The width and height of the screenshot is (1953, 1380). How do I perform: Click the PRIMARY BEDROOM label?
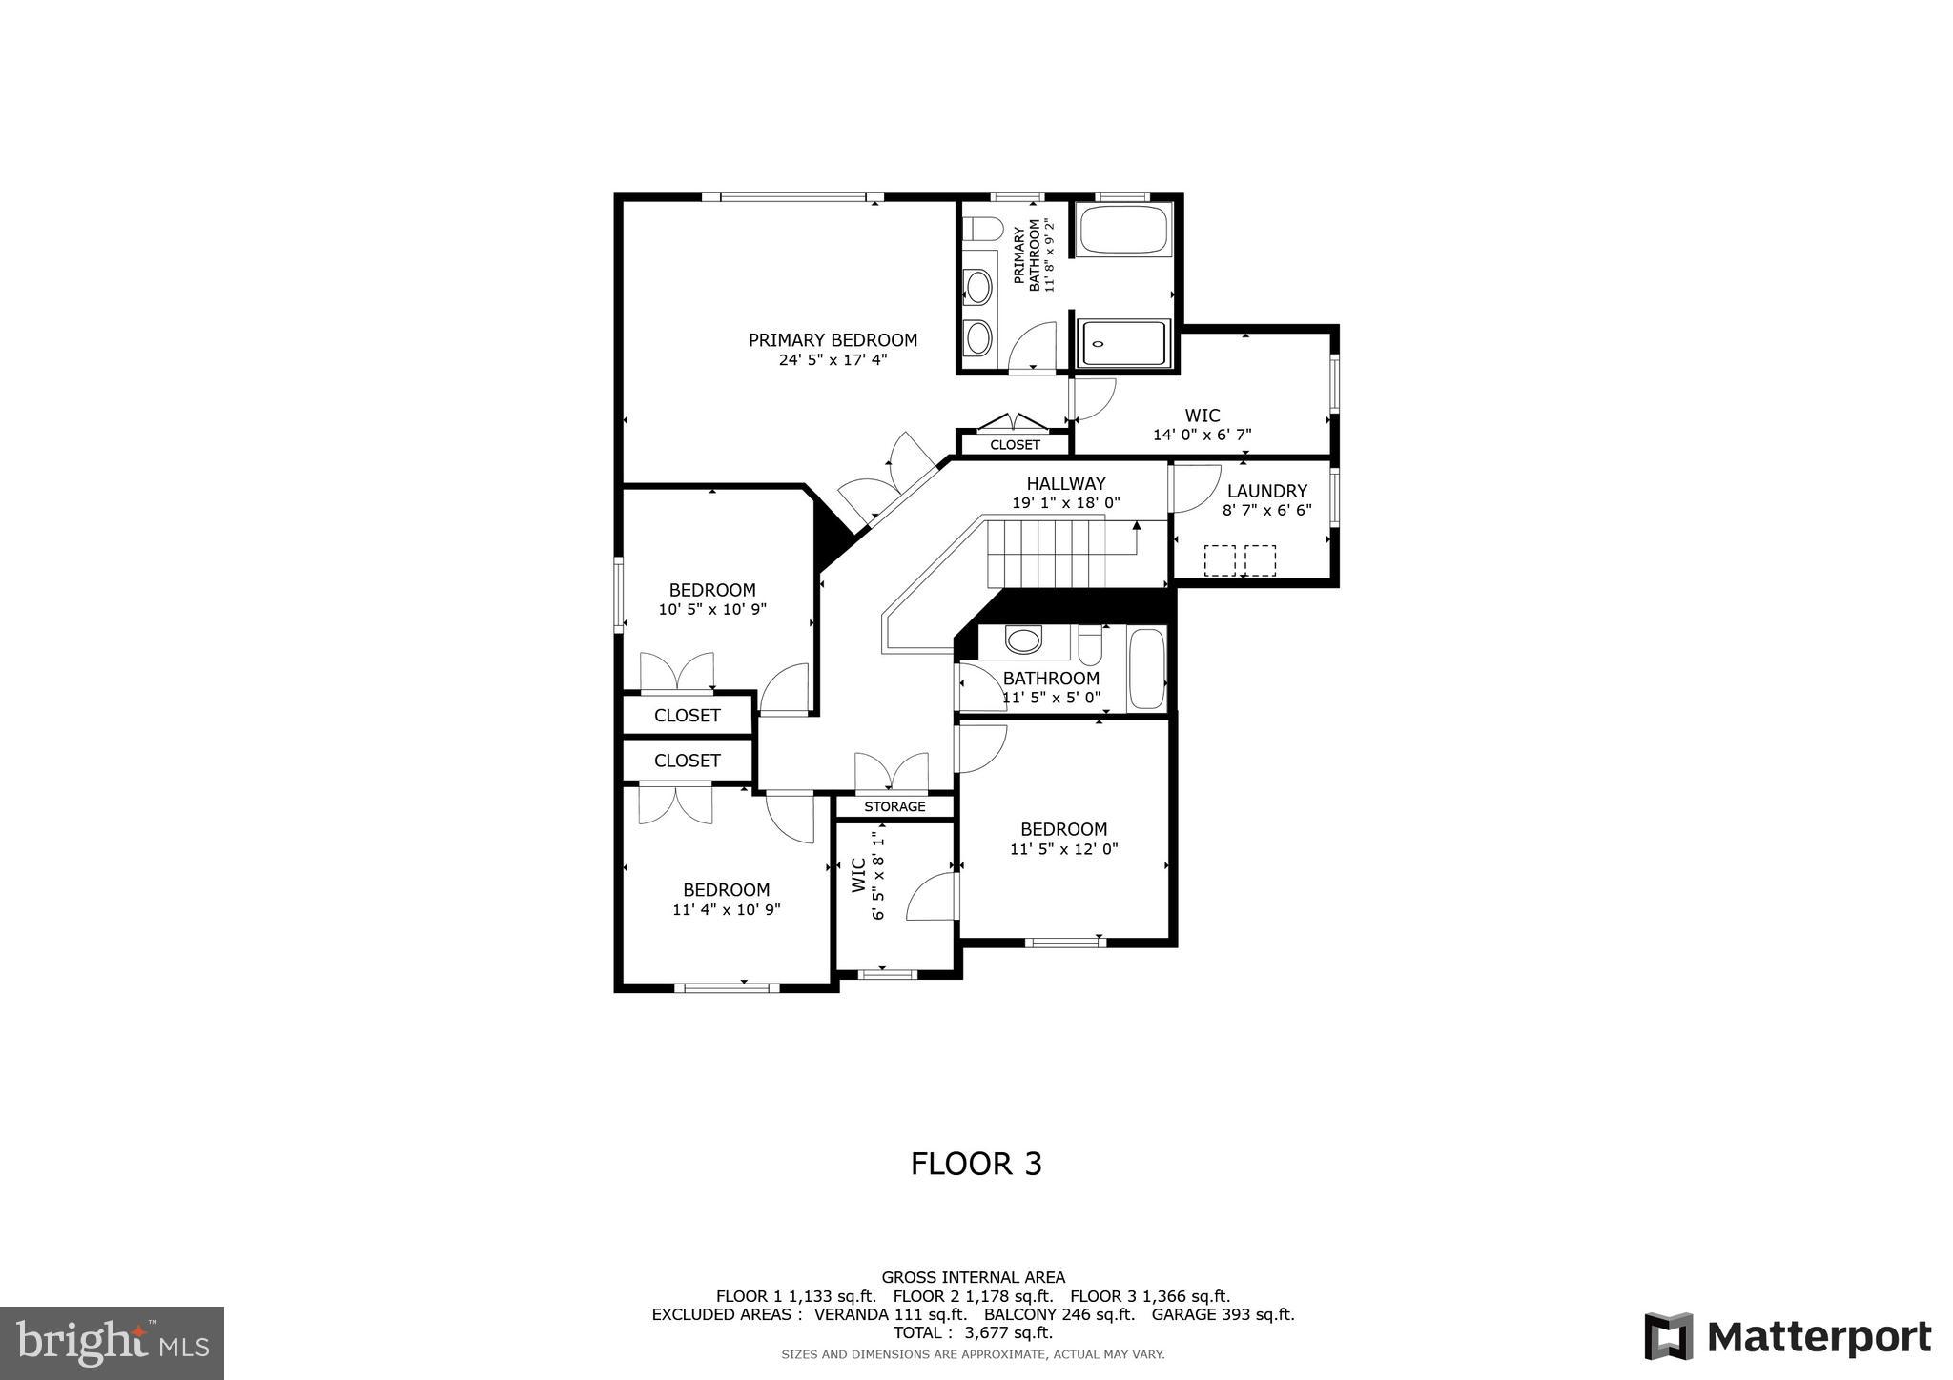833,340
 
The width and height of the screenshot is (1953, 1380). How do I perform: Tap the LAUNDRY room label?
1266,491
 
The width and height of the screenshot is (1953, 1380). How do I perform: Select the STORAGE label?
894,807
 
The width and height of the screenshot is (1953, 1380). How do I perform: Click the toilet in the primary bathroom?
982,229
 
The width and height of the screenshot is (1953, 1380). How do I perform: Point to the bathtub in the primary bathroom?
1123,230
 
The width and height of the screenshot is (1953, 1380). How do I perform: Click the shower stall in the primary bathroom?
1123,344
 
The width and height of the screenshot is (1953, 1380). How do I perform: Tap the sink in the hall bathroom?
1023,640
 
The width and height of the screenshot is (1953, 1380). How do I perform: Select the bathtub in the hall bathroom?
1146,668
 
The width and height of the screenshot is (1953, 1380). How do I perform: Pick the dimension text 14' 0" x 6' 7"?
1202,435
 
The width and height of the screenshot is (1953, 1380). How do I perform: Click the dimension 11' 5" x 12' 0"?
1063,849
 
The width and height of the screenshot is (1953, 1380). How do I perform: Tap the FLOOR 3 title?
976,1164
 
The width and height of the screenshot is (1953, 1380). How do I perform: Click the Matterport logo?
1787,1336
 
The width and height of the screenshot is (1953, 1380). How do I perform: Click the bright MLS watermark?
112,1343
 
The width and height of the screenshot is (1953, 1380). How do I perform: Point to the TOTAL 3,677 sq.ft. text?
973,1332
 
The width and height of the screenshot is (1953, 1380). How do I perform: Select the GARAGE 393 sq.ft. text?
1223,1314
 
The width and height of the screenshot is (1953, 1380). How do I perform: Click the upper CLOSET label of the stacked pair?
687,716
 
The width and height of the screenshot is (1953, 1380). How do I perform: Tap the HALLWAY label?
1065,483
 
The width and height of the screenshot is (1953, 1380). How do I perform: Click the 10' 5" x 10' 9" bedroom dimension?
712,609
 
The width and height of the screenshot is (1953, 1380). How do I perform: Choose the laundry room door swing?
1195,487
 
